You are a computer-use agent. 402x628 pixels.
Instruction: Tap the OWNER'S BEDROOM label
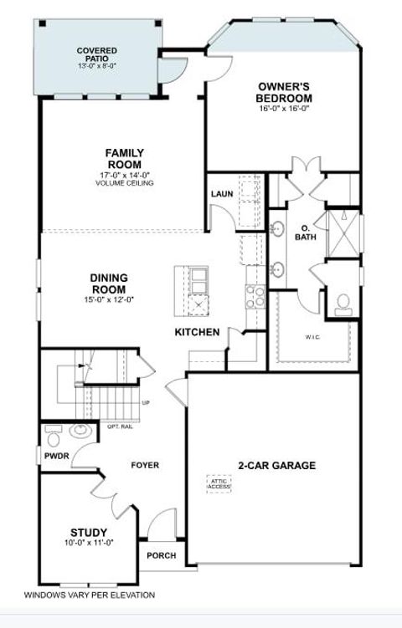pos(285,92)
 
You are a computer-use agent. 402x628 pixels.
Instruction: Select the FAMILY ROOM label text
pos(124,159)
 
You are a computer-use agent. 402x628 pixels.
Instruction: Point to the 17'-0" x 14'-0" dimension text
pos(124,175)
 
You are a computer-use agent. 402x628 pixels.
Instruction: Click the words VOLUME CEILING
pos(124,182)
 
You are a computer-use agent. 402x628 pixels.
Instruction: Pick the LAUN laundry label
pos(222,194)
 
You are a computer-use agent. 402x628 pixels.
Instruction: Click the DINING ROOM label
pos(109,283)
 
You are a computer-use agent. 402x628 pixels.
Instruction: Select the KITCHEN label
pos(197,333)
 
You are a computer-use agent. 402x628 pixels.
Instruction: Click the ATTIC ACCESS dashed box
pos(219,484)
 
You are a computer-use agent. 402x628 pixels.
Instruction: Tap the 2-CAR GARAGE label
pos(276,466)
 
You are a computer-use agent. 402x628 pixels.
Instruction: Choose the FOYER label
pos(145,465)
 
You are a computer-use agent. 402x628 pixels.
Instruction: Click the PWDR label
pos(56,457)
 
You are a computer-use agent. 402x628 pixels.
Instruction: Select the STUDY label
pos(88,532)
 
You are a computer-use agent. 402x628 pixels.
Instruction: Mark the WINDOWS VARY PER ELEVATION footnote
pos(89,595)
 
